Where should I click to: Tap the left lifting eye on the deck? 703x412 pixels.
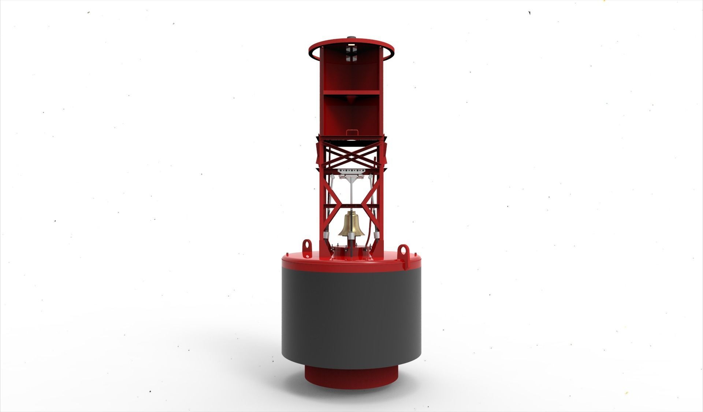(306, 244)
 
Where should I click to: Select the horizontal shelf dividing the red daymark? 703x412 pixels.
(351, 92)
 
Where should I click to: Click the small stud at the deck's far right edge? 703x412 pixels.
(415, 253)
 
